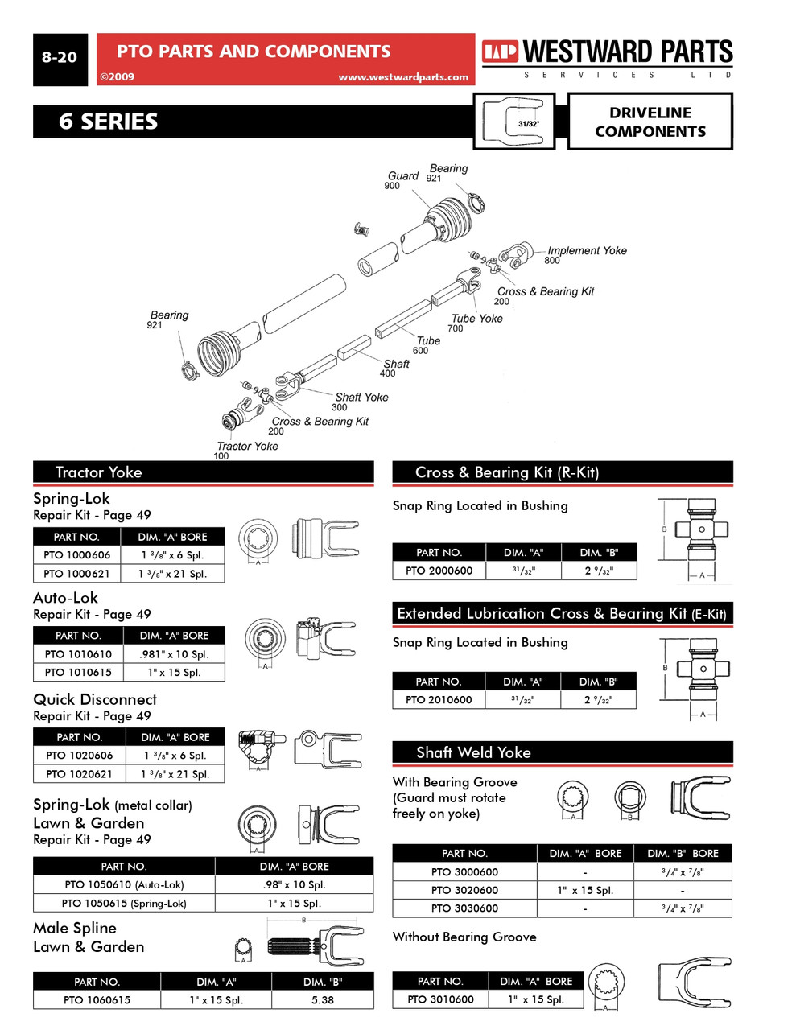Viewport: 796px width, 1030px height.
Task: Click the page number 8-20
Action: tap(60, 58)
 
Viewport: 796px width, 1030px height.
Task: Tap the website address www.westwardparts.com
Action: tap(402, 77)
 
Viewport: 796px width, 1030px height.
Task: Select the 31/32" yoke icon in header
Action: tap(514, 122)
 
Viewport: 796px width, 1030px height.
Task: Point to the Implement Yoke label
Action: tap(587, 251)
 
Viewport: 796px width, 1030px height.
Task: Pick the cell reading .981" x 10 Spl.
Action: tap(174, 654)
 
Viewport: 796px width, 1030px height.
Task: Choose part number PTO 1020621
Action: tap(79, 774)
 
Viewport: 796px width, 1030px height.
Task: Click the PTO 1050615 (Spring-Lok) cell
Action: tap(124, 904)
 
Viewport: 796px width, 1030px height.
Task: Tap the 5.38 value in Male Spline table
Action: tap(323, 1000)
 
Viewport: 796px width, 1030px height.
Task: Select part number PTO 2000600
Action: tap(439, 571)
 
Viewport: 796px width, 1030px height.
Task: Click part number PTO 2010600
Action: tap(439, 700)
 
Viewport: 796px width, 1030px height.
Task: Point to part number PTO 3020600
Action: tap(464, 891)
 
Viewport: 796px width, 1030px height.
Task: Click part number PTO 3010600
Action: tap(440, 999)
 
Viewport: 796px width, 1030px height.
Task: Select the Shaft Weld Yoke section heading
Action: tap(473, 752)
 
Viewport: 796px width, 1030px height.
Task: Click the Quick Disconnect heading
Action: tap(95, 700)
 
